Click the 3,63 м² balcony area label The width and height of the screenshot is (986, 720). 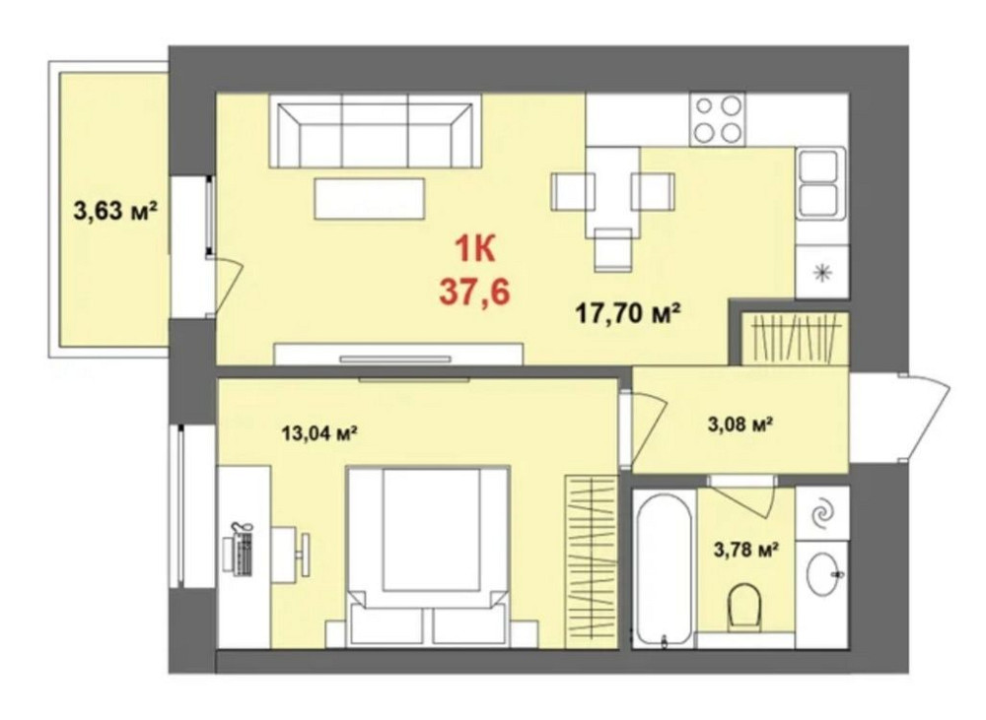tap(115, 211)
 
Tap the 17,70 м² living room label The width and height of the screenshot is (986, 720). tap(629, 312)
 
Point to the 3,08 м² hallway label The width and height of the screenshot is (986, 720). tap(740, 425)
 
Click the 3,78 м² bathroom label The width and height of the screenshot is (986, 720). tap(746, 551)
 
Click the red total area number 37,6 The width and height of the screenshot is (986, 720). tap(475, 293)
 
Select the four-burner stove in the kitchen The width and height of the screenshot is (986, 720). tap(718, 119)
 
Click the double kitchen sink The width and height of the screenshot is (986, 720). tap(816, 182)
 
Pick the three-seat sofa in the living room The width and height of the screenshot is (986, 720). tap(376, 131)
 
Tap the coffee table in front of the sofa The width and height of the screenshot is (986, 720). tap(370, 199)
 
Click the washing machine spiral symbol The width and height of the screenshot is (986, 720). tap(822, 514)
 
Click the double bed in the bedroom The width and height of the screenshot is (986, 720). tap(428, 556)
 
